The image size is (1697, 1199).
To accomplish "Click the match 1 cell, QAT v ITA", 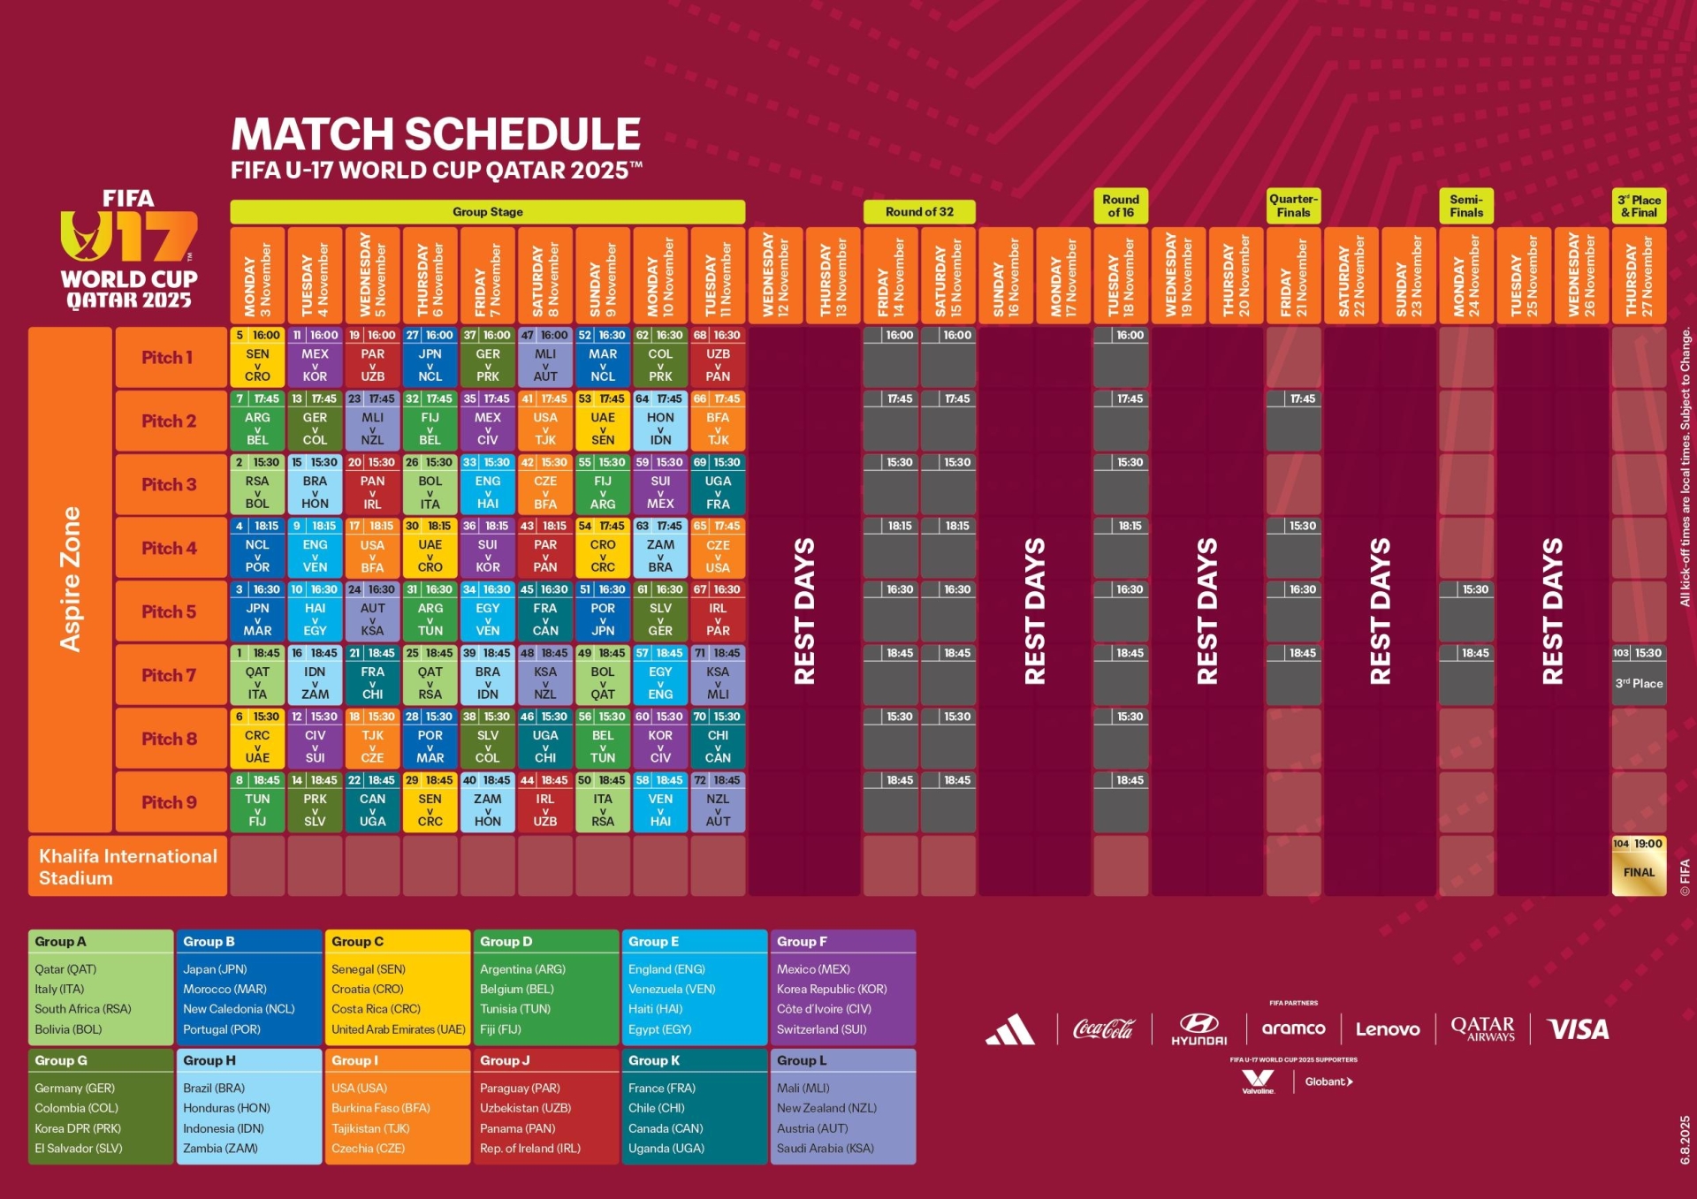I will coord(257,676).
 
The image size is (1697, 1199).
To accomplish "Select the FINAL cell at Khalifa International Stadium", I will coord(1639,866).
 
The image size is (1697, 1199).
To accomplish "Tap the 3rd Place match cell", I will coord(1639,676).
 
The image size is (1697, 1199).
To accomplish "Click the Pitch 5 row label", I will coord(169,611).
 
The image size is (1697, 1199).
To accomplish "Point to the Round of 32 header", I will coord(919,212).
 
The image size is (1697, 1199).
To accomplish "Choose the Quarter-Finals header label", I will coord(1293,206).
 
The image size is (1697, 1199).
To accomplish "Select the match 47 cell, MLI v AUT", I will coord(545,358).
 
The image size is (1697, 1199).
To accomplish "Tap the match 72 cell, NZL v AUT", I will coord(718,803).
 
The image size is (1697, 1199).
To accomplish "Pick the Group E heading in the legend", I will coord(654,942).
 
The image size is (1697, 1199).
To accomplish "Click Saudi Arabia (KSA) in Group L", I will coord(826,1149).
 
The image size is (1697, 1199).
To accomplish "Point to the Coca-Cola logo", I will coord(1102,1029).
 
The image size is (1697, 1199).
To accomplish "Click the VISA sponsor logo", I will coord(1579,1029).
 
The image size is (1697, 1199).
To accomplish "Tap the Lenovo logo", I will coord(1388,1029).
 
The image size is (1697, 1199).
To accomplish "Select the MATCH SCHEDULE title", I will coord(436,134).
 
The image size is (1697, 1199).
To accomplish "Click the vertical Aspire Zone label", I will coord(70,580).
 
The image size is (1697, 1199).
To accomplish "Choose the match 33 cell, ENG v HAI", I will coord(488,485).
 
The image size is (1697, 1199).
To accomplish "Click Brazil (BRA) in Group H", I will coord(214,1089).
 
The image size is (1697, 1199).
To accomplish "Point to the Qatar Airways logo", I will coord(1482,1028).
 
